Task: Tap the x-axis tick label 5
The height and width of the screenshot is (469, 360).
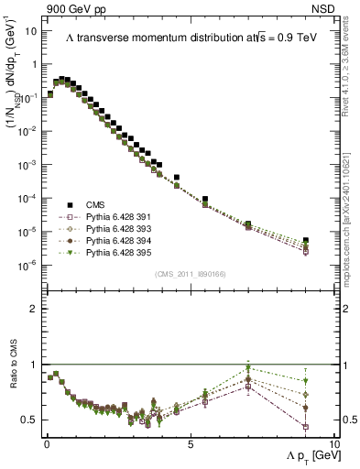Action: click(190, 443)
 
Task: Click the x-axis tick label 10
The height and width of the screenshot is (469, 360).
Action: click(333, 443)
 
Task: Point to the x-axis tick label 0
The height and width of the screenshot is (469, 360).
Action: click(47, 443)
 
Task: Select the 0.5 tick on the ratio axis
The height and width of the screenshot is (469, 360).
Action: click(31, 420)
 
